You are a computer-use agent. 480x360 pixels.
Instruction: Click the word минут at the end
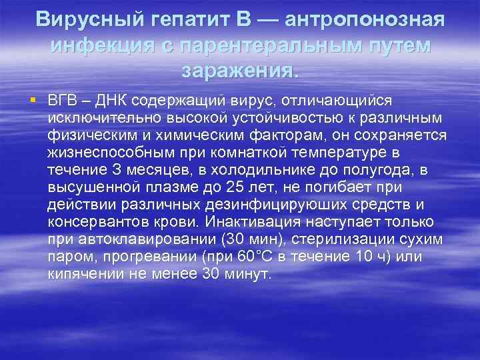tap(247, 274)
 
